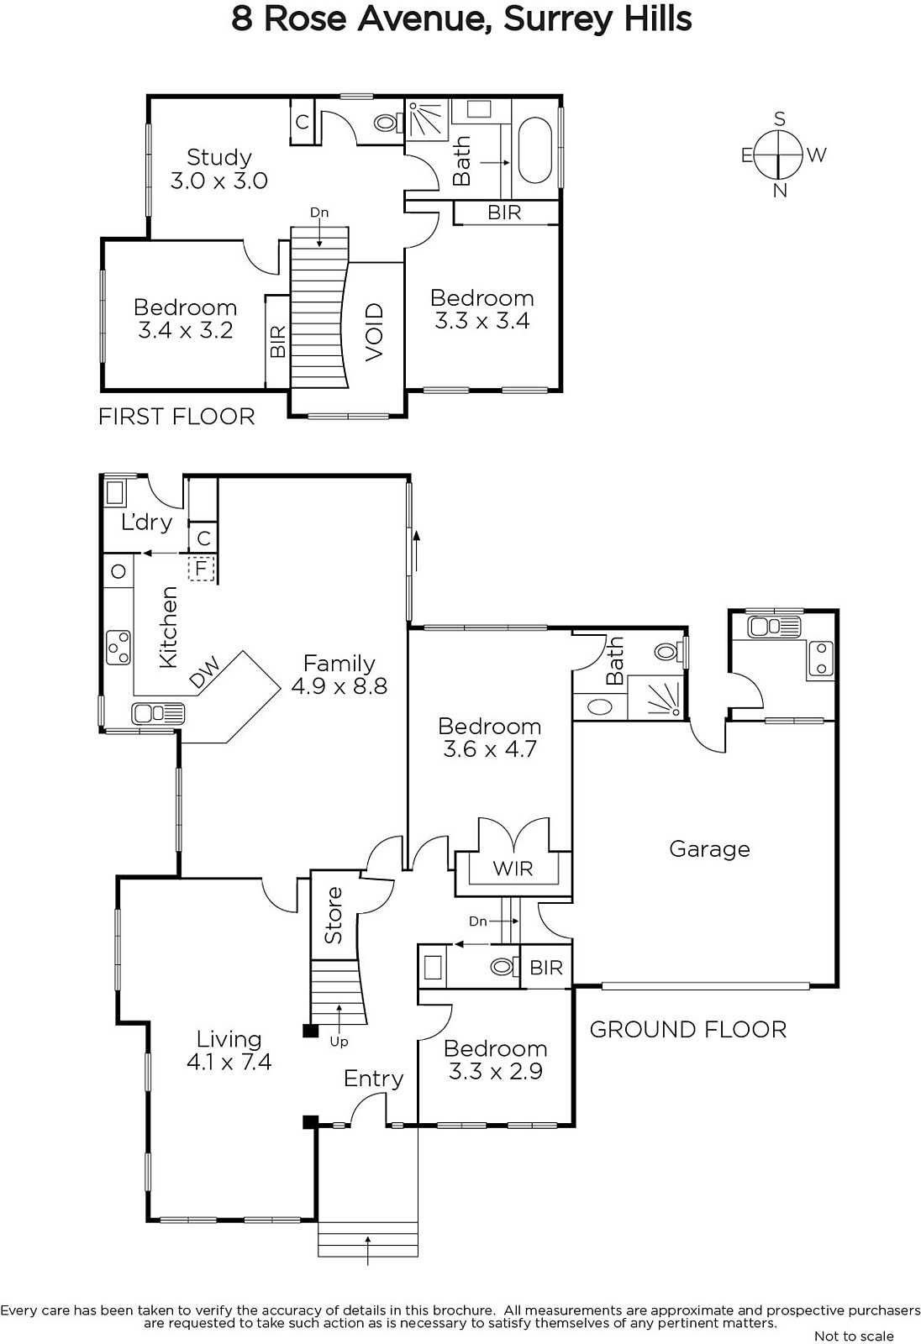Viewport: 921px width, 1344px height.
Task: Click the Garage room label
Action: [710, 849]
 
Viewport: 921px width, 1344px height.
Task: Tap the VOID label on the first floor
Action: [374, 332]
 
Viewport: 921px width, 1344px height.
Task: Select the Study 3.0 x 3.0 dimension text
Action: [219, 180]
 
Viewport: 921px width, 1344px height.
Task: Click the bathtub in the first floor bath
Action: [534, 150]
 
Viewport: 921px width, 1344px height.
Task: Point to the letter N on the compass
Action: [780, 191]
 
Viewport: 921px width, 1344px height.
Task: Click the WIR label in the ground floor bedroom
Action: [513, 869]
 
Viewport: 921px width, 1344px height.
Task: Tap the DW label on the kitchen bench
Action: [205, 671]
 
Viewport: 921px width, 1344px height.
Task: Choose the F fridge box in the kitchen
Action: [201, 568]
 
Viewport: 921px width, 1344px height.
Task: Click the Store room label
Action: [334, 915]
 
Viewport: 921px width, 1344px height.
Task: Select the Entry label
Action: [373, 1079]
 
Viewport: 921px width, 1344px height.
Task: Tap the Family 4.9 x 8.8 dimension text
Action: [339, 685]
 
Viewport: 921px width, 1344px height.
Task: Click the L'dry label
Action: [146, 522]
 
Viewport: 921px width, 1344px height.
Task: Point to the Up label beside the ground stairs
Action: [339, 1042]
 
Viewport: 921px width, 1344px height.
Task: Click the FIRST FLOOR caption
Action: [176, 417]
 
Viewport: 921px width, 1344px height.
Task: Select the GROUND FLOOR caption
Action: [688, 1030]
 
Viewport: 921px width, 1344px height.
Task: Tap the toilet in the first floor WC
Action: [387, 123]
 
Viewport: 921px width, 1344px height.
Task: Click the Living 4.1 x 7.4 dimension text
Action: [229, 1063]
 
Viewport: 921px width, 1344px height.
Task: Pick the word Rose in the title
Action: [305, 18]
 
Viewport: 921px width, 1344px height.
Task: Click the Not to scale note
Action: [854, 1336]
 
